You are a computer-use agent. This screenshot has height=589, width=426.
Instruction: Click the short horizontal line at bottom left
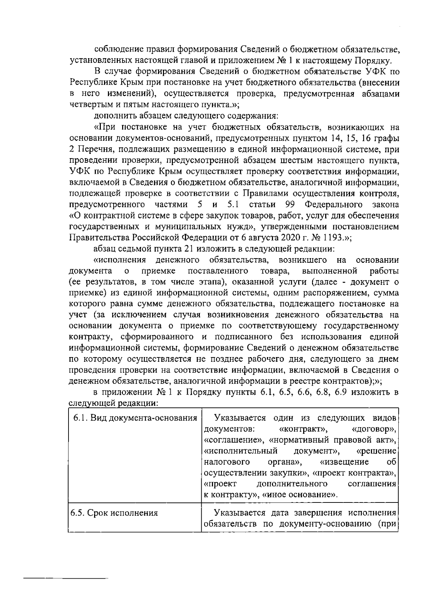[x=66, y=579]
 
